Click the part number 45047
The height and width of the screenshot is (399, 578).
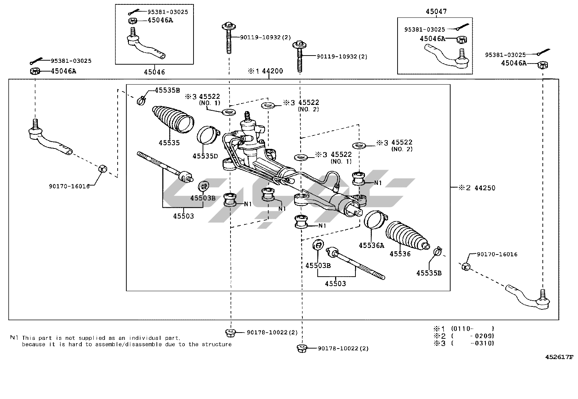click(x=436, y=12)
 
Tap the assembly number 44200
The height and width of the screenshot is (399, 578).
click(x=272, y=71)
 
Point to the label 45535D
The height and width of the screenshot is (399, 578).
click(x=205, y=156)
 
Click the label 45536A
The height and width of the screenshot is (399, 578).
click(x=371, y=245)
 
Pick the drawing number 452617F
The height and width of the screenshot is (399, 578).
click(x=559, y=357)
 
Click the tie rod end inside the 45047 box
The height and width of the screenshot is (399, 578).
click(x=447, y=57)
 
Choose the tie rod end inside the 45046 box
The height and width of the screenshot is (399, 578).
click(x=145, y=45)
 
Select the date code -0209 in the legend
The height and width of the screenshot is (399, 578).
click(x=484, y=336)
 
